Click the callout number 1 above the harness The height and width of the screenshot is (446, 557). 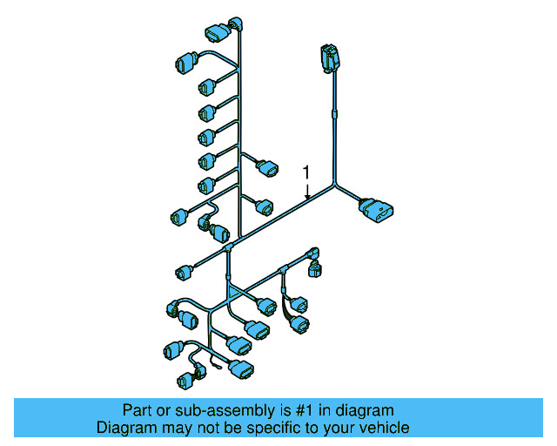click(305, 171)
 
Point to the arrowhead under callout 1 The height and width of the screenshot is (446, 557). click(305, 199)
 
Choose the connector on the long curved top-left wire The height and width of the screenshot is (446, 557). click(185, 63)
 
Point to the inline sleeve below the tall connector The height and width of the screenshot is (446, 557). click(333, 111)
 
